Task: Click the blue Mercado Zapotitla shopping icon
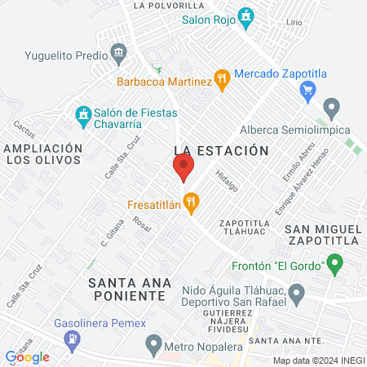point(308,88)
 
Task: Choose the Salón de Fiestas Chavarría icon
point(82,114)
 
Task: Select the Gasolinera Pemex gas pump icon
point(73,337)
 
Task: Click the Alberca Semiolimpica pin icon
point(331,107)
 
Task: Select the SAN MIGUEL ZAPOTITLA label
point(324,234)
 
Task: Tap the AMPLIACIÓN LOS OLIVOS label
point(42,154)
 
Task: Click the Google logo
point(27,356)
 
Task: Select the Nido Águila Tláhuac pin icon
point(297,292)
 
